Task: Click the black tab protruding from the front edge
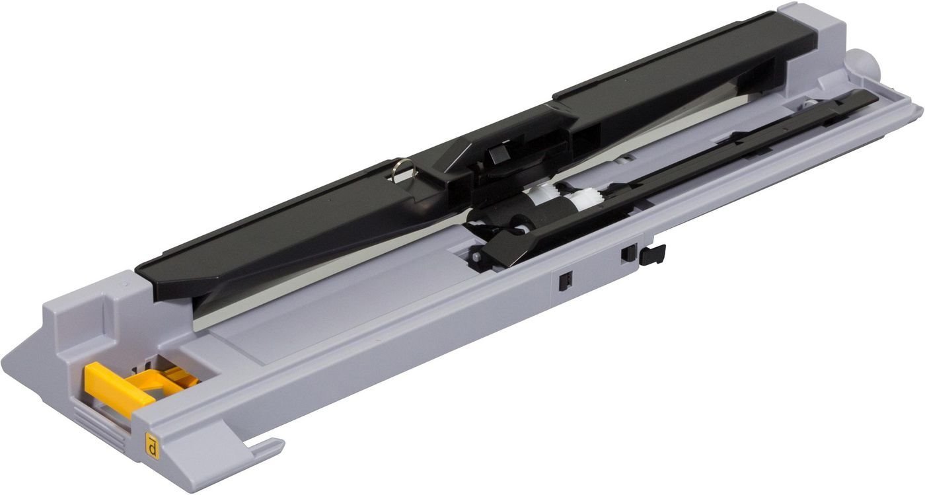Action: (x=653, y=254)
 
